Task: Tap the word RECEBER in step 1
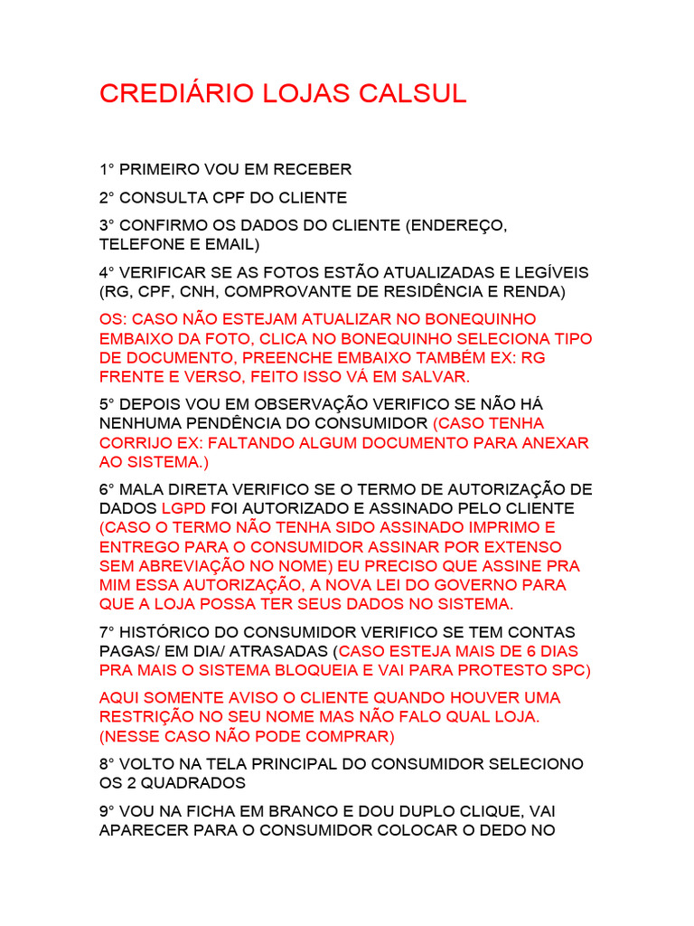click(x=314, y=169)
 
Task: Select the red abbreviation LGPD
click(x=184, y=508)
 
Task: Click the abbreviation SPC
click(x=568, y=669)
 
